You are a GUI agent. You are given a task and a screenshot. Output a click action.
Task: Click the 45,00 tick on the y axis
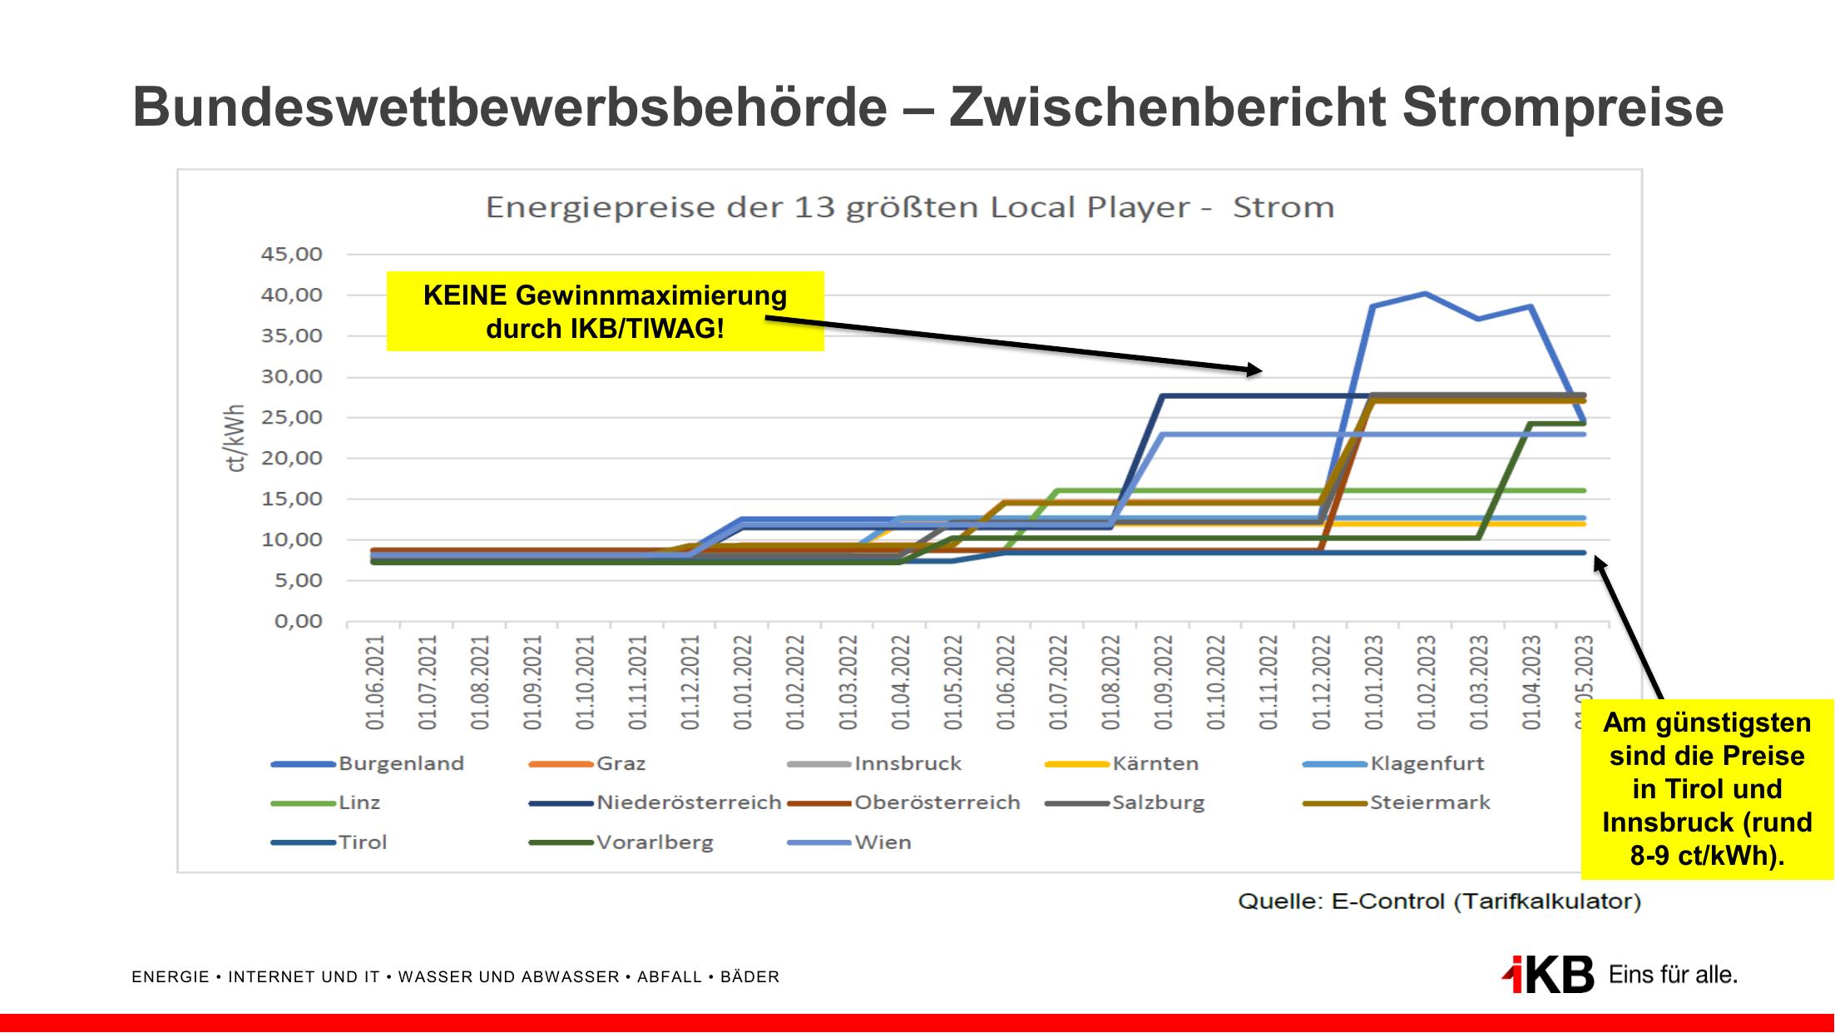[x=292, y=254]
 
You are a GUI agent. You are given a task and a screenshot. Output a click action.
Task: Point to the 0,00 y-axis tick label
[x=298, y=622]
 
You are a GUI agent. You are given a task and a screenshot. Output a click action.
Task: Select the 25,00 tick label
[x=292, y=417]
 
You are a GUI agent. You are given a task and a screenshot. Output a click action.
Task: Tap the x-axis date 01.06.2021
[x=375, y=683]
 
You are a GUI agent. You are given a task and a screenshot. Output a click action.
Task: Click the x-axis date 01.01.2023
[x=1373, y=683]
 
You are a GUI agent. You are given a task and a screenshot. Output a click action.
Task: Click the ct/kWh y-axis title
[x=236, y=439]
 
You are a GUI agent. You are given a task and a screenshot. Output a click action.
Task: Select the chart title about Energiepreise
[x=909, y=206]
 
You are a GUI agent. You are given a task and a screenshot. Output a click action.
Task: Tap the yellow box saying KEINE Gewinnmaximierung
[x=605, y=311]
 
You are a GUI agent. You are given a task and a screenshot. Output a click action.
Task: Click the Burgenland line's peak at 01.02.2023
[x=1425, y=293]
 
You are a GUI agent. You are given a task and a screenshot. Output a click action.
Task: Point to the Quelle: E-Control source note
[x=1439, y=901]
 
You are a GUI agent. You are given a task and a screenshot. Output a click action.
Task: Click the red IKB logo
[x=1548, y=974]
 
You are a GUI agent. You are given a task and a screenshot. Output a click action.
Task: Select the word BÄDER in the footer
[x=749, y=977]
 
